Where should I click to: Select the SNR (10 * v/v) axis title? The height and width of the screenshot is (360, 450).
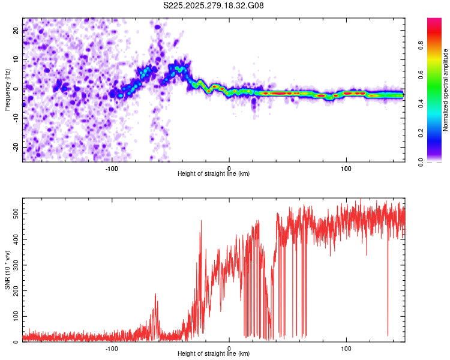click(x=7, y=270)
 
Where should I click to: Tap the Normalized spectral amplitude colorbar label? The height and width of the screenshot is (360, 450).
click(x=445, y=90)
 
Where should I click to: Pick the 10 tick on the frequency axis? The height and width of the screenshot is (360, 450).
click(x=16, y=59)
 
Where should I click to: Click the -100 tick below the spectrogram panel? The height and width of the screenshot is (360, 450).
click(x=112, y=168)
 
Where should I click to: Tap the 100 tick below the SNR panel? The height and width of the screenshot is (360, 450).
click(x=346, y=348)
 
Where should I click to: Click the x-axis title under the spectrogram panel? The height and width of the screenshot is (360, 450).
click(x=214, y=174)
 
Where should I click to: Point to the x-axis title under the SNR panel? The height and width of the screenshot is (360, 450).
click(x=214, y=354)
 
